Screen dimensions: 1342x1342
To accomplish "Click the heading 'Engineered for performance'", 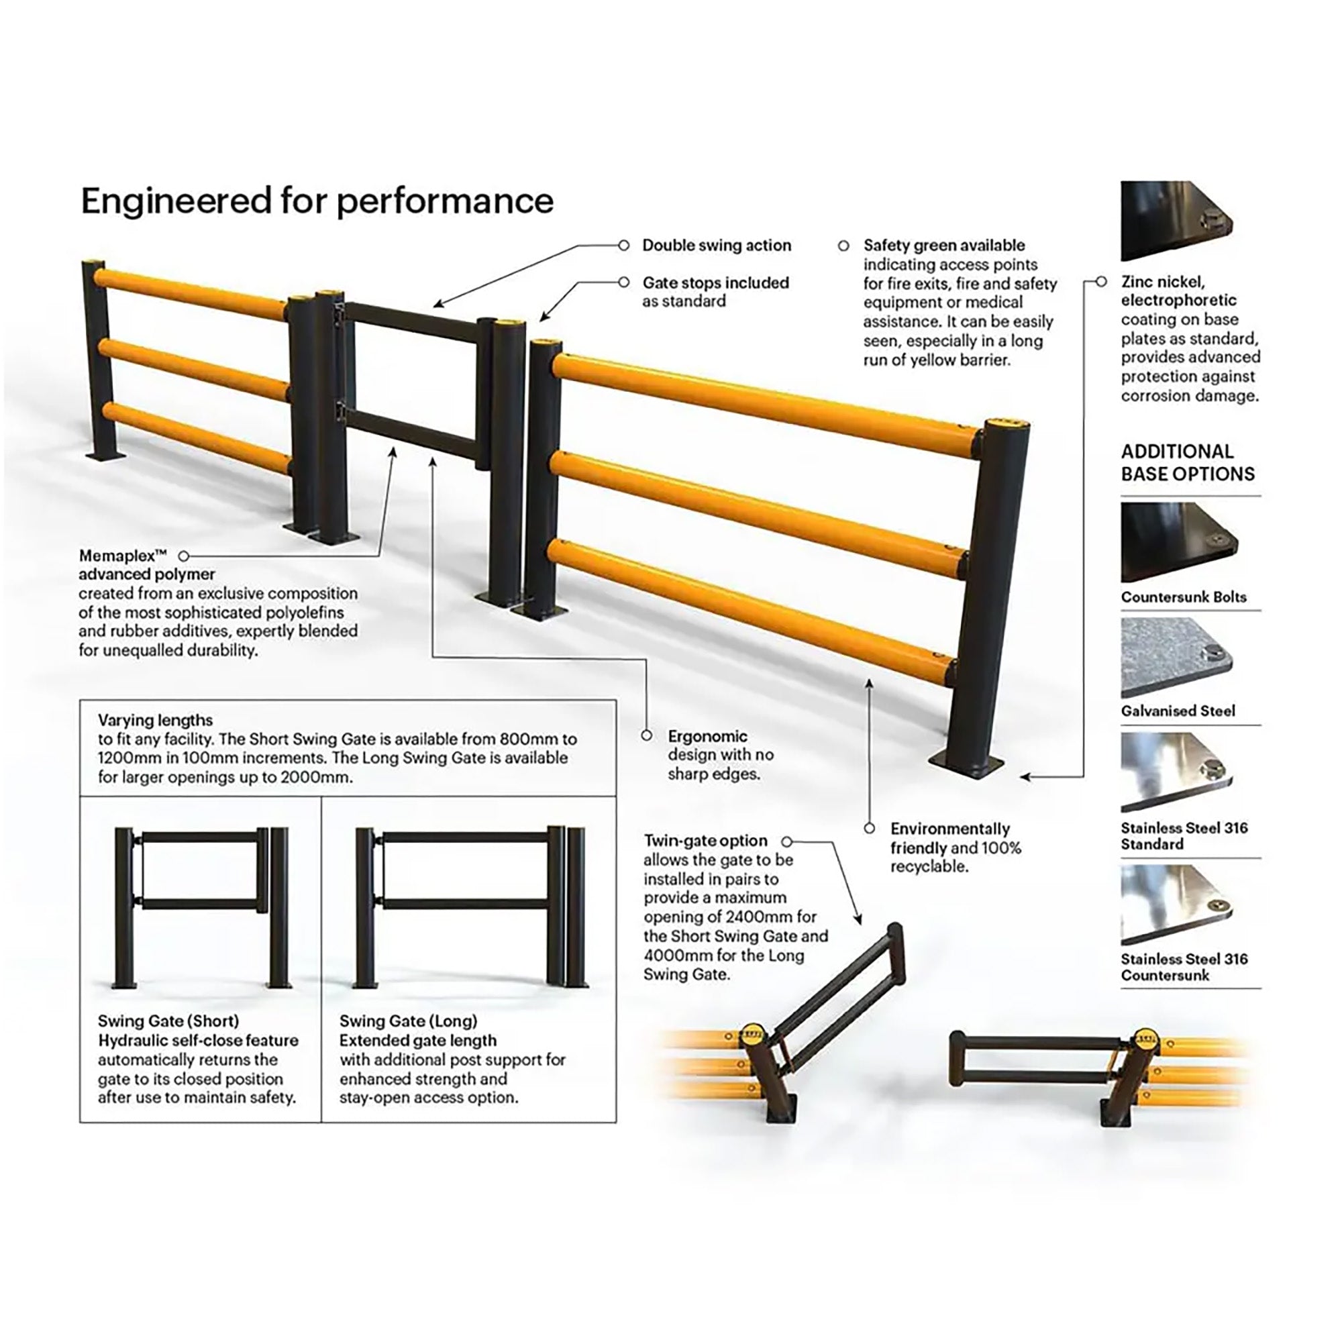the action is coord(317,201).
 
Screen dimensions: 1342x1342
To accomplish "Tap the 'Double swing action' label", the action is coord(716,245).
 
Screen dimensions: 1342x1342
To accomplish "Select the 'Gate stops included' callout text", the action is coord(715,282).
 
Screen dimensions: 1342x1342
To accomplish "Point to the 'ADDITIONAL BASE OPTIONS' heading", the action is coord(1188,462).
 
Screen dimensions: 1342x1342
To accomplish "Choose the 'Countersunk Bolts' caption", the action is coord(1184,597).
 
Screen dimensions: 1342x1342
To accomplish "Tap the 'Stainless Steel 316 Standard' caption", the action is coord(1184,835).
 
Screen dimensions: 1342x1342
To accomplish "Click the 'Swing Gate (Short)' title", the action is coord(168,1021).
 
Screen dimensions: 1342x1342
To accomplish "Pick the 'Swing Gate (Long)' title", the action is coord(409,1021).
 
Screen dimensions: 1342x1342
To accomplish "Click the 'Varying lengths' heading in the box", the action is coord(155,719).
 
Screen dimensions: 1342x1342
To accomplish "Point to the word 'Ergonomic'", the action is coord(707,735).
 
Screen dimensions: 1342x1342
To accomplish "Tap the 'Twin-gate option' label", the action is coord(705,841).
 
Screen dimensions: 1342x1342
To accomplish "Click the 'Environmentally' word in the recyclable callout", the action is coord(949,829).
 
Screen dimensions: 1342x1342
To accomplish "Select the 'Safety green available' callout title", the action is coord(944,245).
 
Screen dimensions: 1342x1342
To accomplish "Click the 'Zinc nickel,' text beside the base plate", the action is coord(1163,281).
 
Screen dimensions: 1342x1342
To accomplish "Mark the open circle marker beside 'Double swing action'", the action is coord(624,245).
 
